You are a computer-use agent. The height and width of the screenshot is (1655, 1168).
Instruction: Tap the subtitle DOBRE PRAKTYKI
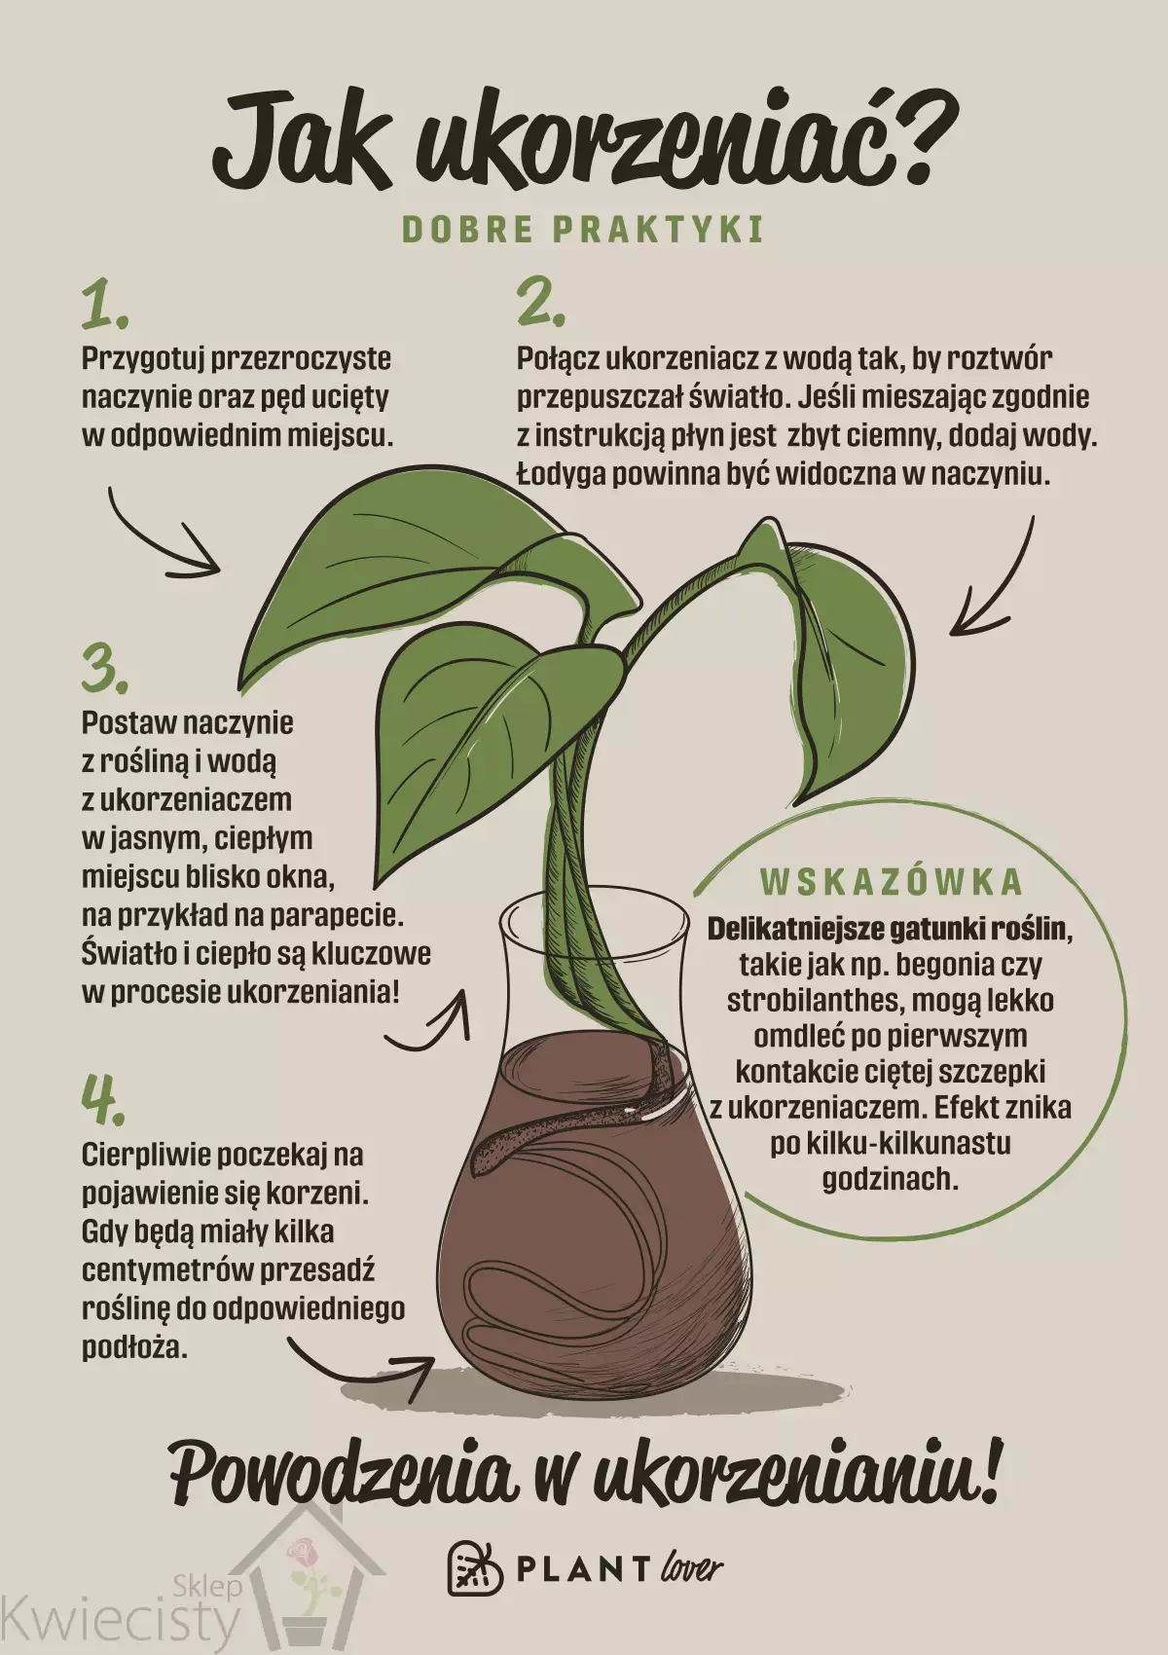pos(583,230)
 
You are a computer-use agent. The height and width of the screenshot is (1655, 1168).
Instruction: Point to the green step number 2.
pos(541,303)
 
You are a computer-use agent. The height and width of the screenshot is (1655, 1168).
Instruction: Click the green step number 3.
pos(105,670)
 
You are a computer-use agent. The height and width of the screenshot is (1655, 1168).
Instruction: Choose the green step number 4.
pos(103,1098)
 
